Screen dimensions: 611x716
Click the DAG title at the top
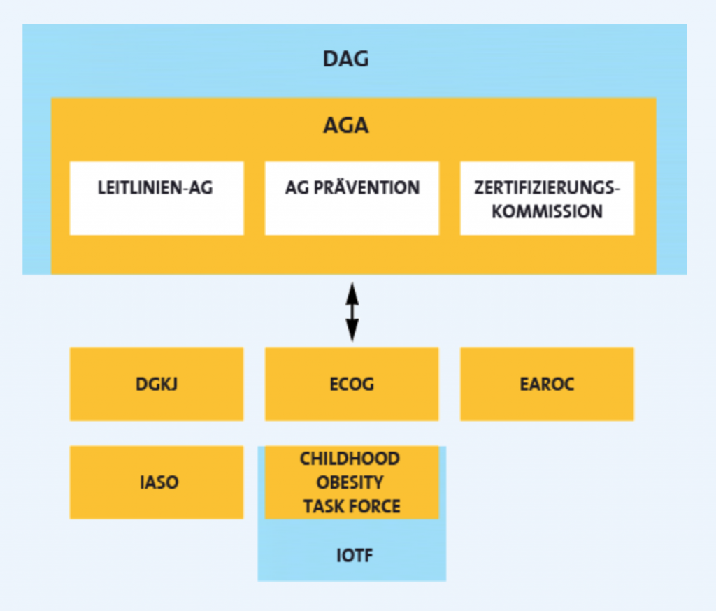click(x=345, y=59)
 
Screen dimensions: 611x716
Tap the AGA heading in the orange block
click(x=345, y=126)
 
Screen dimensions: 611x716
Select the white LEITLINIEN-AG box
click(x=157, y=199)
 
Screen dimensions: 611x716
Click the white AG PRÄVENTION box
click(x=352, y=199)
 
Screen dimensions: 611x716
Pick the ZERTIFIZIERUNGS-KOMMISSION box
click(x=547, y=199)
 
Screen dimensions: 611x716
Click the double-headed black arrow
click(x=352, y=311)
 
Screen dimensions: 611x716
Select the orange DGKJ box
click(x=157, y=384)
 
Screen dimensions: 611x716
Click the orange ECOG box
click(x=352, y=384)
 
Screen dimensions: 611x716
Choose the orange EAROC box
click(x=547, y=384)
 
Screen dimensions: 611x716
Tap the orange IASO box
click(x=157, y=482)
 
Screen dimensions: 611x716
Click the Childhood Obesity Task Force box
click(x=352, y=482)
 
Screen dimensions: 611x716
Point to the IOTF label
click(x=352, y=556)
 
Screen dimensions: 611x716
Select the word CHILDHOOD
click(x=350, y=459)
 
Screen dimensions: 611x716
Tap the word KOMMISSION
click(x=547, y=211)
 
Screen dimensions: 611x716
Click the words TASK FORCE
click(x=352, y=506)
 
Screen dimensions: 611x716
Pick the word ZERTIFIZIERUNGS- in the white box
click(x=547, y=188)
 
